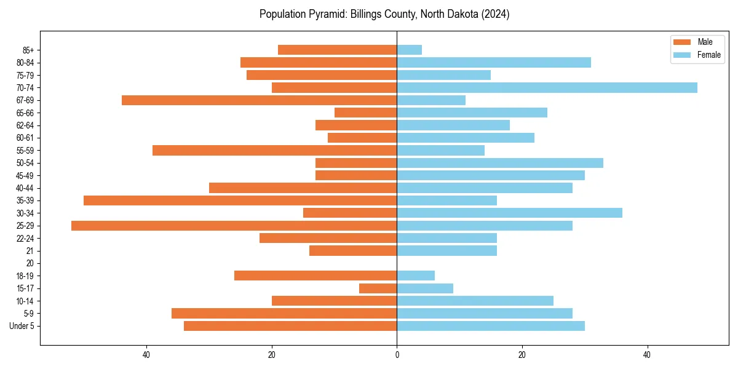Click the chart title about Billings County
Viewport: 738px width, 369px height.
[x=384, y=14]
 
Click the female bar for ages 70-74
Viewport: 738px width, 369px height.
[x=547, y=87]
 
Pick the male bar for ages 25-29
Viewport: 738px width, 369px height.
[x=234, y=226]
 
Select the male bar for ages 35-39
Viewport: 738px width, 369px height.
[x=240, y=200]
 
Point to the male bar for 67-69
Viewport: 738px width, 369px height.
[x=259, y=100]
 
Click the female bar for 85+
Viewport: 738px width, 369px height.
[x=409, y=50]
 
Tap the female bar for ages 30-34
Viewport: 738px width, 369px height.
[x=509, y=213]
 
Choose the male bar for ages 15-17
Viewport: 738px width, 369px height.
[x=378, y=288]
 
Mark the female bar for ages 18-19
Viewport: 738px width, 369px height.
[x=416, y=276]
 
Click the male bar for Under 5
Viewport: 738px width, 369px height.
[x=290, y=326]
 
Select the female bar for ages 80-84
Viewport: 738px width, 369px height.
[x=494, y=62]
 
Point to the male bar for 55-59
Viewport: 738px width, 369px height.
[x=274, y=150]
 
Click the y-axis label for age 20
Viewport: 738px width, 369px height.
[x=30, y=263]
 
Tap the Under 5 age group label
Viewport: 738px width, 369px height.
[x=22, y=326]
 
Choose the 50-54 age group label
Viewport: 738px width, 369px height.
[x=25, y=163]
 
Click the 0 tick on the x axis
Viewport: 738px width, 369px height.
[x=397, y=355]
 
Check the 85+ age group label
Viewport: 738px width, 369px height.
[x=28, y=50]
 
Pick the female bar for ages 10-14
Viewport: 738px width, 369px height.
[x=475, y=301]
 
